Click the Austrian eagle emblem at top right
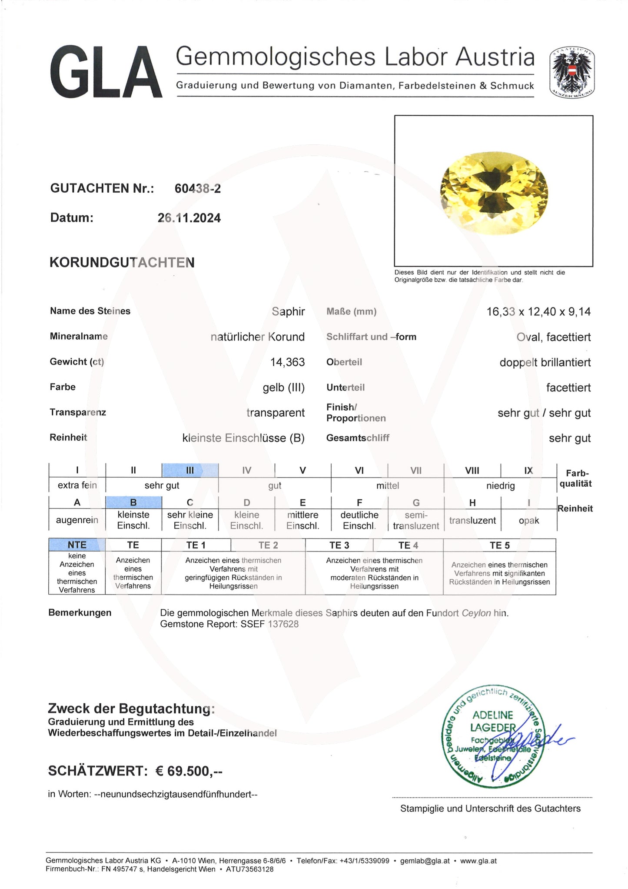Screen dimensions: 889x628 tap(572, 72)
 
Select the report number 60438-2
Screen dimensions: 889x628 tap(198, 189)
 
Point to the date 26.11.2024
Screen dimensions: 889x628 tap(189, 218)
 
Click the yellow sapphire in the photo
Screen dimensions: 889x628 tap(494, 193)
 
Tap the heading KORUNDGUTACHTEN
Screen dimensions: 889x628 tap(122, 263)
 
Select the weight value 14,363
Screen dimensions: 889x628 tap(287, 362)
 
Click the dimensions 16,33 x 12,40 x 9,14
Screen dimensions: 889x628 tap(538, 312)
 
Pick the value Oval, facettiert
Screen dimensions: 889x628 tap(553, 337)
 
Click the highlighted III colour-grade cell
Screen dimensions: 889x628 tap(190, 470)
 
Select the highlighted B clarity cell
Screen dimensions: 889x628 tap(133, 502)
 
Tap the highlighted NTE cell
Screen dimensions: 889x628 tap(77, 545)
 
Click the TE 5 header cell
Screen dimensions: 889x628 tap(499, 545)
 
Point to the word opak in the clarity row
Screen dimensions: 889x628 tap(528, 521)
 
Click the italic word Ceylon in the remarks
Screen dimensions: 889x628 tap(476, 613)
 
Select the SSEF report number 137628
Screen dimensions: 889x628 tap(283, 624)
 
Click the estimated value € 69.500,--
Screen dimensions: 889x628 tap(189, 771)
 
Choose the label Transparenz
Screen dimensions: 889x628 tap(78, 412)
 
